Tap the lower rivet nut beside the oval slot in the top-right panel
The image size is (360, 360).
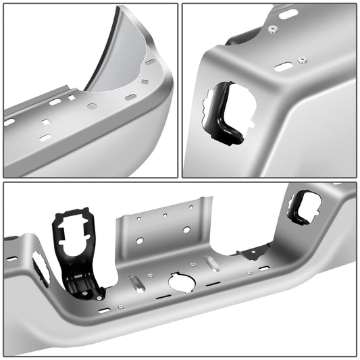pyautogui.click(x=301, y=60)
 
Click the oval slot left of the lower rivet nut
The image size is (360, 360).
pyautogui.click(x=284, y=67)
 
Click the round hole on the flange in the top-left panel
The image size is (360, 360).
pyautogui.click(x=93, y=106)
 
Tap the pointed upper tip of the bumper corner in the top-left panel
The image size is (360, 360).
pyautogui.click(x=123, y=9)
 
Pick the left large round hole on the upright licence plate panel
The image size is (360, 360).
pyautogui.click(x=140, y=240)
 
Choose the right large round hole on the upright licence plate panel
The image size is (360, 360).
pyautogui.click(x=186, y=230)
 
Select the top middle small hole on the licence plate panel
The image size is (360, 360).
pyautogui.click(x=163, y=215)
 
